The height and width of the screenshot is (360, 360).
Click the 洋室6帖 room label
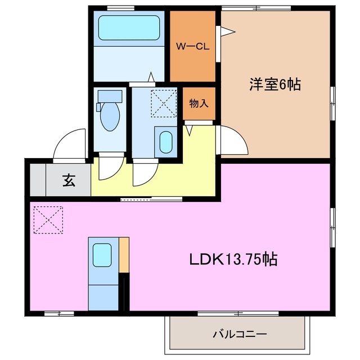point(274,85)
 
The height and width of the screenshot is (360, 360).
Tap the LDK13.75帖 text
point(232,260)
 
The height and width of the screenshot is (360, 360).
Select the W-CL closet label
point(193,47)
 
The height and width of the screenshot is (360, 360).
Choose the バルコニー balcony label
point(239,334)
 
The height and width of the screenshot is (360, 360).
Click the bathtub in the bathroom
point(129,28)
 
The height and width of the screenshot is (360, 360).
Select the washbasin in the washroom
point(165,142)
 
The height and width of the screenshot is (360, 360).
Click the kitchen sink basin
point(102,255)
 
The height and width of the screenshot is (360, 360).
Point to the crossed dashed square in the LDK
point(48,219)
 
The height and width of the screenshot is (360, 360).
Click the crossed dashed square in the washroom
point(163,102)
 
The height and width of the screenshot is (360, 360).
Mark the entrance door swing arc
point(69,143)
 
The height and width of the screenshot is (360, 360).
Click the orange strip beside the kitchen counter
point(124,254)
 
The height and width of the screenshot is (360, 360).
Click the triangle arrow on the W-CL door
point(226,32)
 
